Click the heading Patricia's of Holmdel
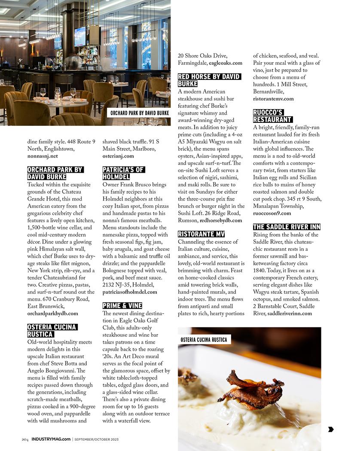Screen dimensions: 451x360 pos(123,173)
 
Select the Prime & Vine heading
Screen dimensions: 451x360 pos(122,306)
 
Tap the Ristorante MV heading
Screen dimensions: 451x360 pos(201,234)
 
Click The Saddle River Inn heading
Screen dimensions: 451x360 pos(287,227)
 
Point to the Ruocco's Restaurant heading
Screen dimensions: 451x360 pos(273,116)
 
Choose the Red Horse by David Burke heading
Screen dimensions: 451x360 pos(209,80)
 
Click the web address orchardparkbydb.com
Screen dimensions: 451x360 pos(52,314)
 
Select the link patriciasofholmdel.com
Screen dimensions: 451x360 pos(130,292)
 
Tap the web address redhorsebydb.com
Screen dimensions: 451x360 pos(221,220)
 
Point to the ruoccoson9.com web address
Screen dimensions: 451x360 pos(272,213)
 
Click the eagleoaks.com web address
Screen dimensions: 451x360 pos(226,63)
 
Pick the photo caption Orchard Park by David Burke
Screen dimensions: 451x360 pos(139,113)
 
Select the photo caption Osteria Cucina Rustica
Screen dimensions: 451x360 pos(204,340)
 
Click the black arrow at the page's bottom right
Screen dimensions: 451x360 pos(331,429)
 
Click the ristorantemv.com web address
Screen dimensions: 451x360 pos(273,99)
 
